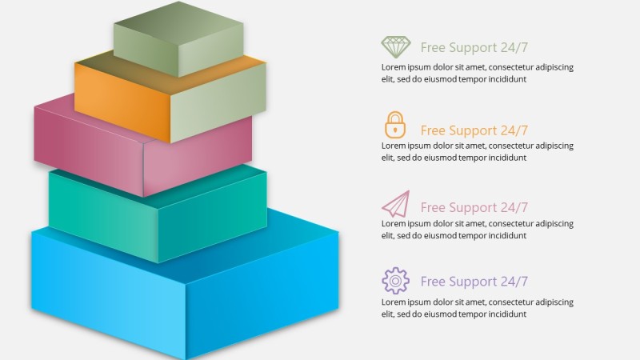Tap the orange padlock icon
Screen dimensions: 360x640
tap(395, 125)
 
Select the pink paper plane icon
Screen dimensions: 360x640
tap(395, 204)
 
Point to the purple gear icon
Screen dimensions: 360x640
tap(395, 281)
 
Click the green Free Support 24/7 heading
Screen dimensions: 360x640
tap(474, 47)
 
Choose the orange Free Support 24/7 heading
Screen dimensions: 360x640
tap(474, 130)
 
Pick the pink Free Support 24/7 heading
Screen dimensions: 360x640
tap(474, 208)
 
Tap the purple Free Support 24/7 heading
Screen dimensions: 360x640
tap(474, 282)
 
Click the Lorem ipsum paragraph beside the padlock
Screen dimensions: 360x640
tap(477, 151)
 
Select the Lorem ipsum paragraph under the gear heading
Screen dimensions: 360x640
tap(477, 308)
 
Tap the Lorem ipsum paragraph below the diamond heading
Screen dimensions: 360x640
tap(477, 73)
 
